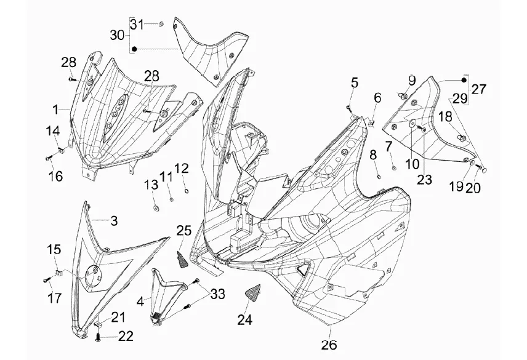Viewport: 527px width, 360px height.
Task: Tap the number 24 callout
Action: [245, 320]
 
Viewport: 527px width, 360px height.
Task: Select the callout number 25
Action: [184, 231]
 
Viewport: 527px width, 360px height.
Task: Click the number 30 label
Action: [117, 35]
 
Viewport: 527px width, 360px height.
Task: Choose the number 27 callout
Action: [478, 89]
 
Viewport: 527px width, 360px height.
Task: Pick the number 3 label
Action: [113, 219]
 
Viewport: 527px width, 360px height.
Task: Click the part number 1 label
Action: [55, 110]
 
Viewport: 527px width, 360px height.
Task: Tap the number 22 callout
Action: [126, 337]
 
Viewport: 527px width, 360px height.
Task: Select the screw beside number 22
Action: [99, 336]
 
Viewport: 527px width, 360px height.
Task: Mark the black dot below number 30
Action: [135, 48]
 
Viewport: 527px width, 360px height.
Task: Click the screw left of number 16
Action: [48, 159]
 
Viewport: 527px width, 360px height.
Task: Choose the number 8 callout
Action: [372, 156]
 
